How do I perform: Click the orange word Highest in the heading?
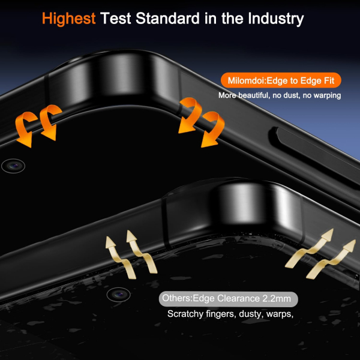(x=68, y=19)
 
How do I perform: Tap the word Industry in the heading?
(x=276, y=19)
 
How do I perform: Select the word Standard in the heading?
(x=167, y=19)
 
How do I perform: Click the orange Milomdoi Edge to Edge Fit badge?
(x=281, y=80)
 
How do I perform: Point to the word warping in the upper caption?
(x=327, y=95)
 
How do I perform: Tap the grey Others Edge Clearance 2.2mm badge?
(x=229, y=299)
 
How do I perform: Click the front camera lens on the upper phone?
(x=13, y=166)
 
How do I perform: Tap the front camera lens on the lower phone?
(x=118, y=295)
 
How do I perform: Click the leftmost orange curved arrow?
(x=25, y=128)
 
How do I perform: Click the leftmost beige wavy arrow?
(x=119, y=257)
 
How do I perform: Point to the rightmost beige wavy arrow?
(x=332, y=259)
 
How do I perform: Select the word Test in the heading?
(x=115, y=19)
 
